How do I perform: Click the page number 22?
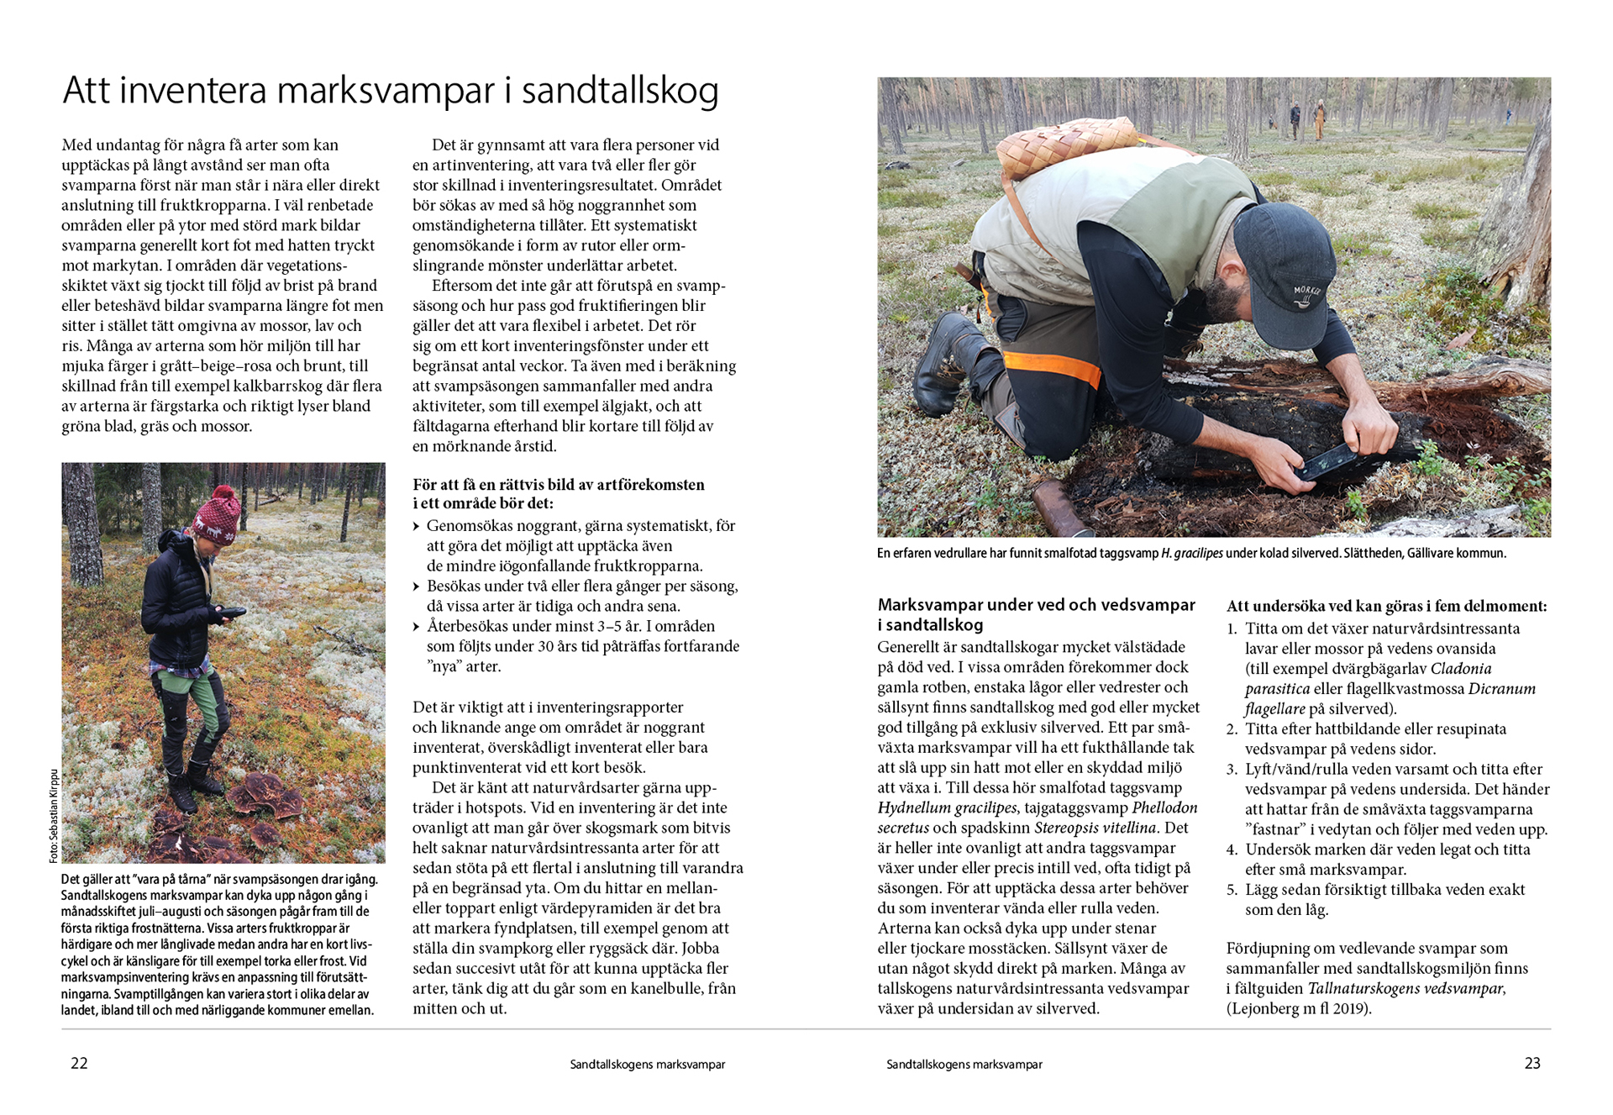(x=79, y=1063)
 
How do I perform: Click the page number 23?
(x=1532, y=1063)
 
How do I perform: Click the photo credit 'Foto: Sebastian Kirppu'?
(x=54, y=815)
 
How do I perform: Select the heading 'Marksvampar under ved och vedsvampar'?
(x=1036, y=605)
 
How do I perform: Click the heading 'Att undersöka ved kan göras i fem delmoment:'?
(x=1386, y=606)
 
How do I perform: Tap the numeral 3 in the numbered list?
(x=1232, y=770)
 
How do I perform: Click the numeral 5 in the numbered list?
(x=1232, y=890)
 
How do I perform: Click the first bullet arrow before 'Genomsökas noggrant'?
(x=417, y=527)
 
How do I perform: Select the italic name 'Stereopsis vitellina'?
(x=1095, y=828)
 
